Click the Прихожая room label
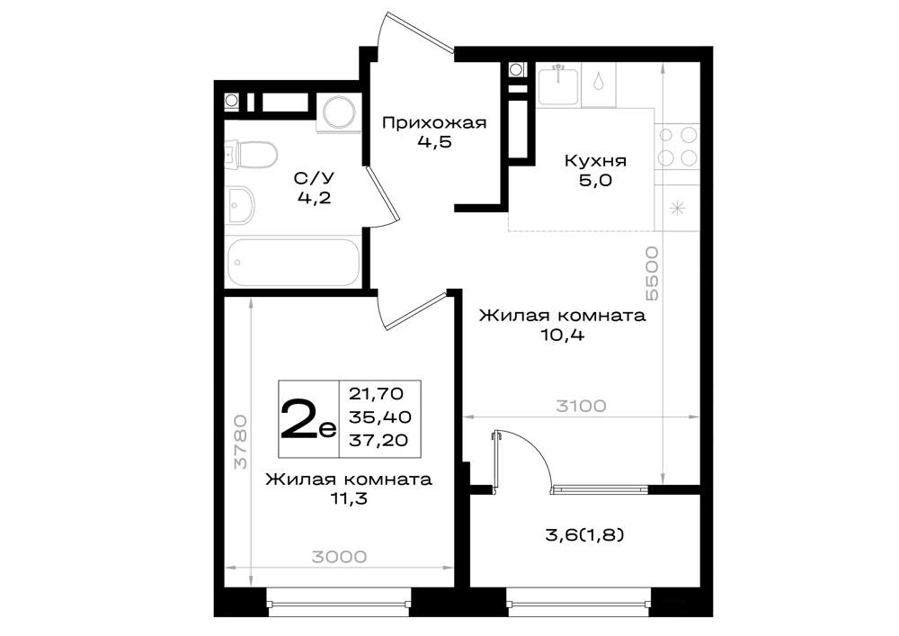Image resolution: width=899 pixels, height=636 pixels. tap(434, 122)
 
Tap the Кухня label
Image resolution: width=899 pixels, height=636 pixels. tap(595, 161)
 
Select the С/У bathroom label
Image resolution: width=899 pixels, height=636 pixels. tap(314, 178)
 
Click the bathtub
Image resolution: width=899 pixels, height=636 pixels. tap(293, 262)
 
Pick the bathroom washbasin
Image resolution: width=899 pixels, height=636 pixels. tap(240, 206)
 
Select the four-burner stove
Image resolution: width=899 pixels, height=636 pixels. tap(677, 147)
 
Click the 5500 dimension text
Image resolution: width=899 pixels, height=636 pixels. tap(651, 273)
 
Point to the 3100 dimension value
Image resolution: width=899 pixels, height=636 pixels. tap(581, 406)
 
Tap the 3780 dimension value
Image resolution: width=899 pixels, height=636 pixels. tap(241, 442)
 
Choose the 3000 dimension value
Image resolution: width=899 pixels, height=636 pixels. tap(339, 556)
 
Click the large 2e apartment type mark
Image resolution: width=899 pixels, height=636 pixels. tap(307, 418)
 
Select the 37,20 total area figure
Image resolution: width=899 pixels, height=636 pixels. tap(378, 440)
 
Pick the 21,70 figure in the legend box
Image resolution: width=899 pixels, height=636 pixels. tap(376, 394)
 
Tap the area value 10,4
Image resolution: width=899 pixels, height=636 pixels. tap(562, 336)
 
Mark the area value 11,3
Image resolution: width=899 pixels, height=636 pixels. tap(348, 499)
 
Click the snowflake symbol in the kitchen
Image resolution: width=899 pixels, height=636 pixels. tap(677, 208)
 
